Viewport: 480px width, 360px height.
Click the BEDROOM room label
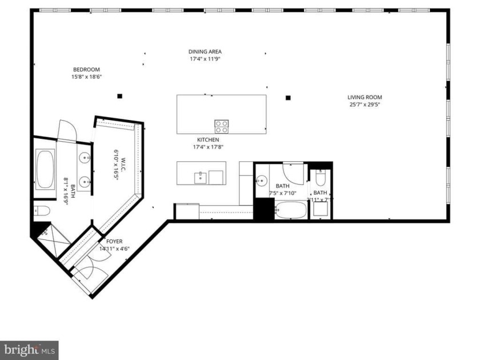click(x=86, y=70)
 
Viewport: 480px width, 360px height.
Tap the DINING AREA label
click(x=205, y=51)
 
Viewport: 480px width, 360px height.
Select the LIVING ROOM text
click(x=365, y=97)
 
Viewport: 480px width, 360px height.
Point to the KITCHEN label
click(x=208, y=139)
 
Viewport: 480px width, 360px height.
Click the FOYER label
click(x=114, y=241)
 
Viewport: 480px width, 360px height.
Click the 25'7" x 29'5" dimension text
click(x=365, y=105)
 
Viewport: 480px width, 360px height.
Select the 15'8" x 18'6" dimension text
click(x=86, y=77)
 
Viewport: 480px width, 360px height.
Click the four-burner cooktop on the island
click(x=221, y=126)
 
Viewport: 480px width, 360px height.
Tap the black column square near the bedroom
click(x=119, y=96)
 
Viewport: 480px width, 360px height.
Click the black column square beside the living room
click(x=288, y=97)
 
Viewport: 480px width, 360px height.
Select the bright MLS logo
click(x=29, y=350)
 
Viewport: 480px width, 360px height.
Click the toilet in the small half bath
click(x=320, y=178)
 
